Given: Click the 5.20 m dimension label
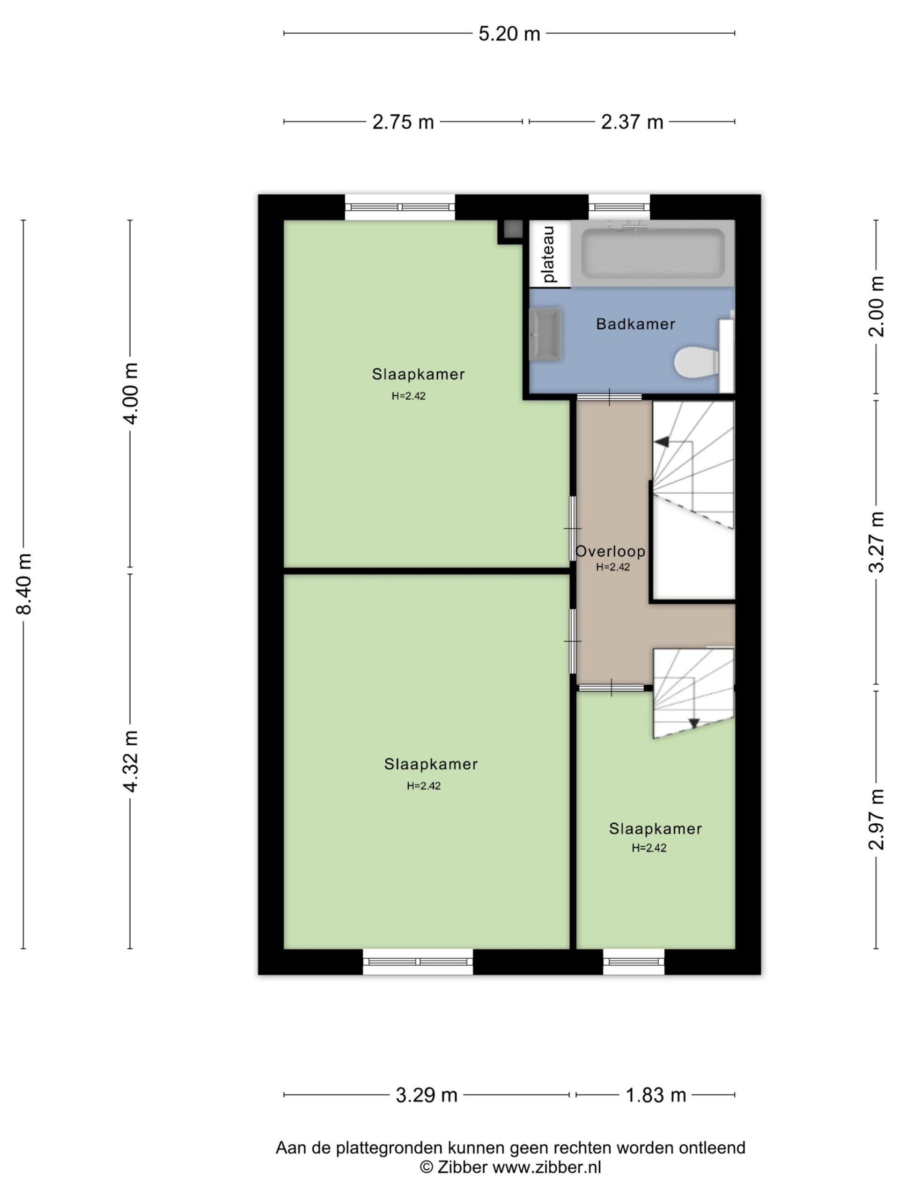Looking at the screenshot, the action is (509, 34).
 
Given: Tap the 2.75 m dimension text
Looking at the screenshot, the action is (403, 122).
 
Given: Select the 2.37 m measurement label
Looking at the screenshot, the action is (632, 122).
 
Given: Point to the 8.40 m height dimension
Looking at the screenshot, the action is (24, 584).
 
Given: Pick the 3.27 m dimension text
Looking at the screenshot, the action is (876, 542).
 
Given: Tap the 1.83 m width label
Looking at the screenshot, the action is (656, 1095).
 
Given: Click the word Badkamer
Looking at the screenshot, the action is (635, 324).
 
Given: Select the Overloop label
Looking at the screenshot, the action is (610, 552).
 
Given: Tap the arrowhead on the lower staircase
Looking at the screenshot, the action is (694, 724).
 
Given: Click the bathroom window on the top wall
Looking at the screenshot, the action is (619, 207).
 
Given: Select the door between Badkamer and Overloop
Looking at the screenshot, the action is (609, 397).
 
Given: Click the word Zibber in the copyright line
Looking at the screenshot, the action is (462, 1167).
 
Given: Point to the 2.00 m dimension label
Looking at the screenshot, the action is (876, 306).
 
